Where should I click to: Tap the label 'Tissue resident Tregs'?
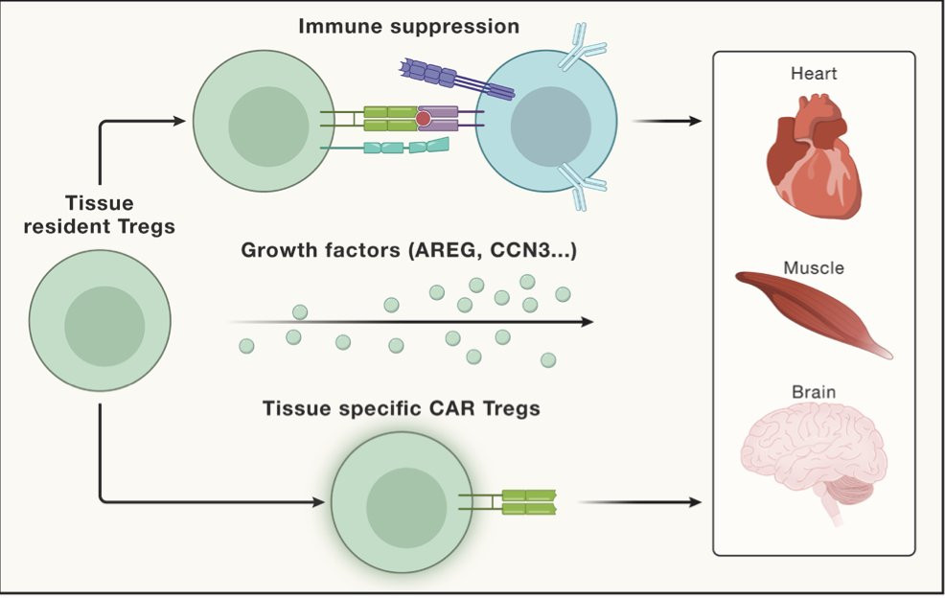click(100, 216)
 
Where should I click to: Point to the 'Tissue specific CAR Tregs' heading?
click(401, 409)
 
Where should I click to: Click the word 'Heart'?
click(814, 73)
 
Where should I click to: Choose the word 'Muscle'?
click(814, 268)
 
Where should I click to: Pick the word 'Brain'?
click(814, 392)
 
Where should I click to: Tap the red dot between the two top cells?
click(423, 119)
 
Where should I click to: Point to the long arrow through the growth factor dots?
click(412, 323)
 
